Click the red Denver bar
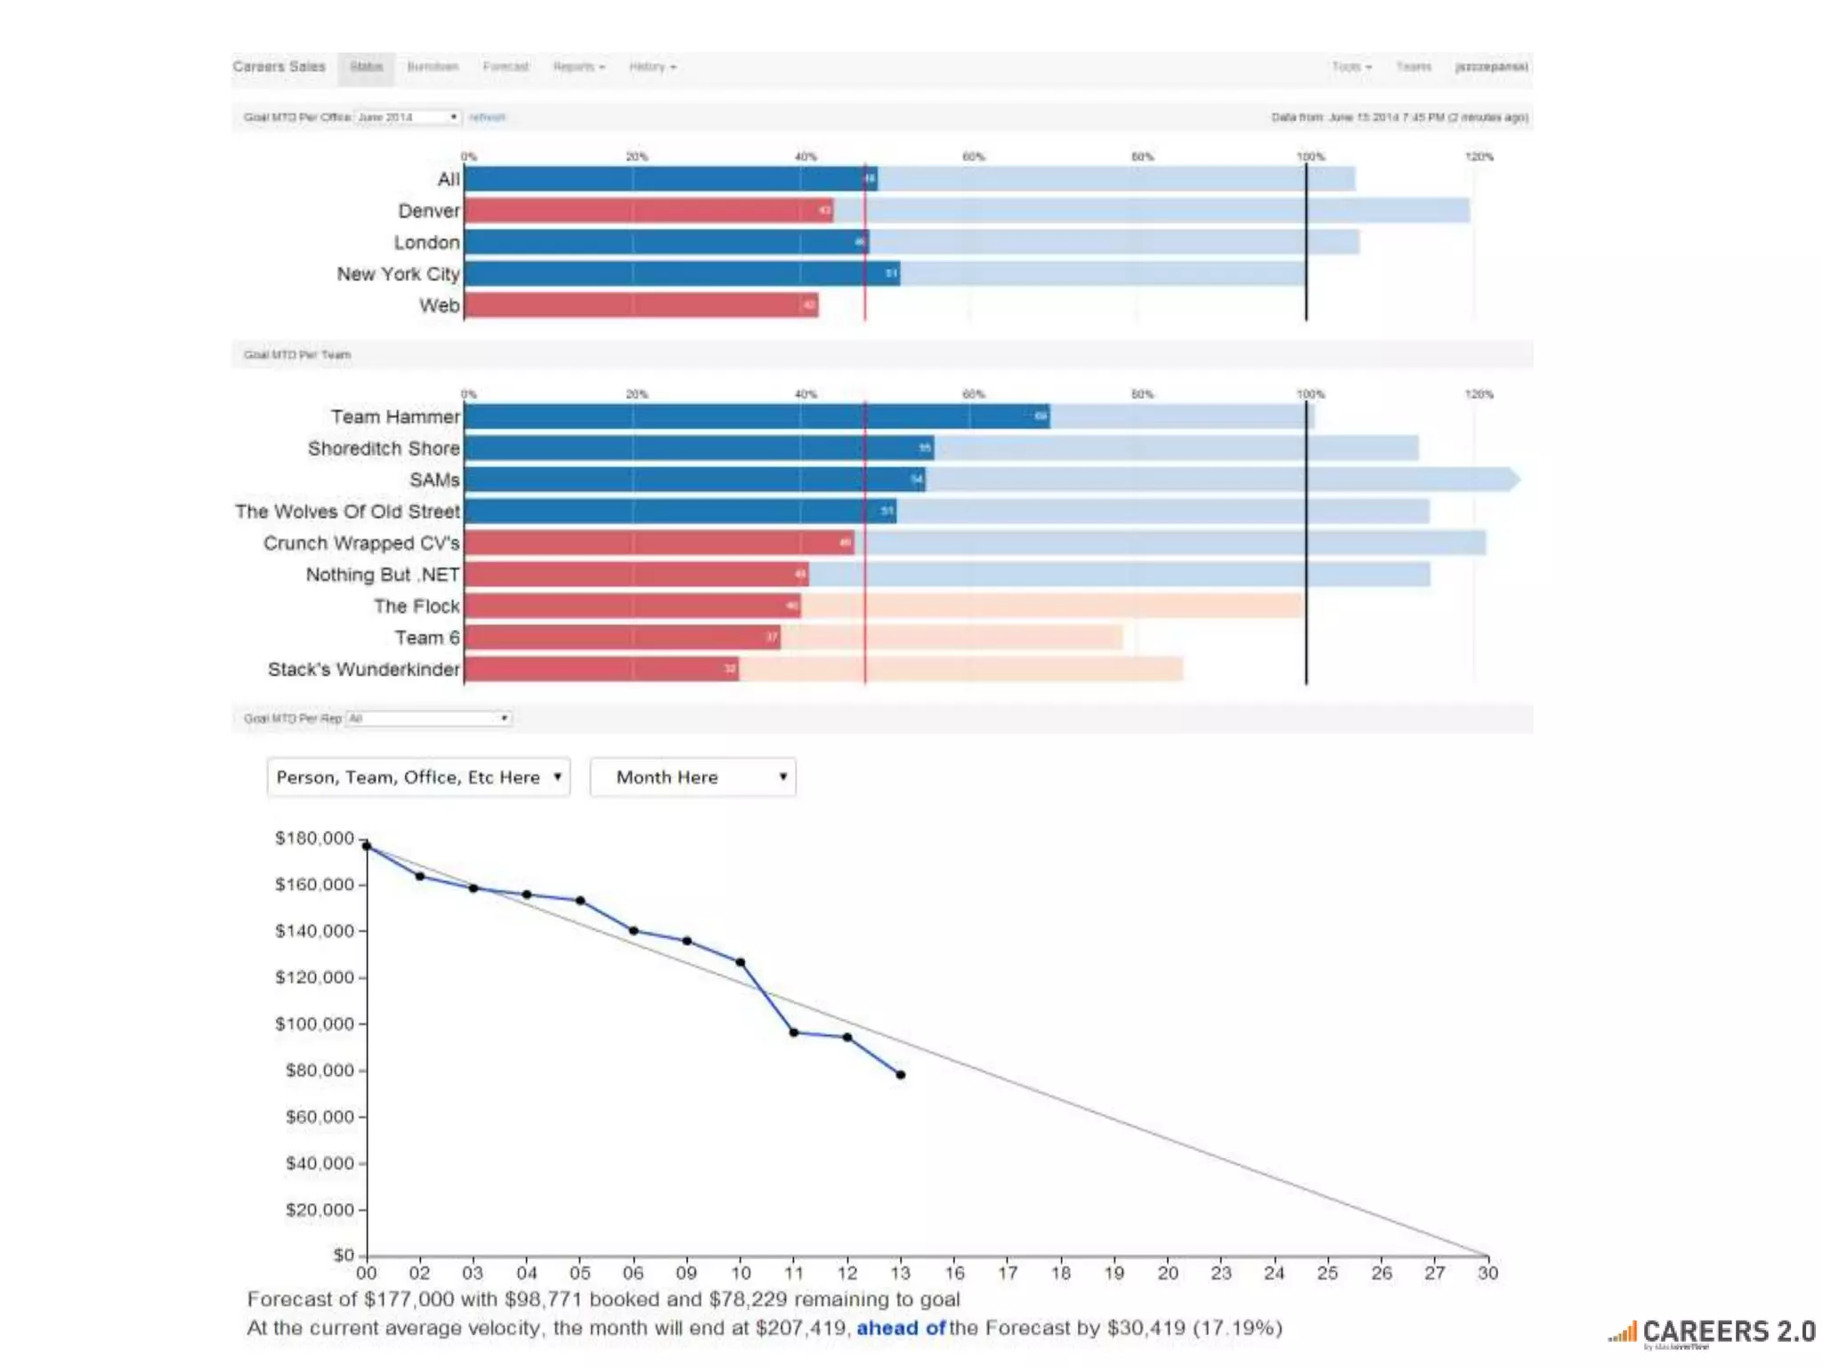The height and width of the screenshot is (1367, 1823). tap(648, 211)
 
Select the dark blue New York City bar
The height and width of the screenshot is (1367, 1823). tap(681, 273)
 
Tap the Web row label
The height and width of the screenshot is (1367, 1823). tap(439, 305)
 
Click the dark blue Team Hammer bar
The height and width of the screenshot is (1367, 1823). tap(757, 417)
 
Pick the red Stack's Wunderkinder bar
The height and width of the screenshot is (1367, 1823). tap(601, 668)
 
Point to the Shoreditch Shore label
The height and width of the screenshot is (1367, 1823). tap(384, 449)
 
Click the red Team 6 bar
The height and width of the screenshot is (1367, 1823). tap(621, 637)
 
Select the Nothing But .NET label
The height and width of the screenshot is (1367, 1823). tap(383, 575)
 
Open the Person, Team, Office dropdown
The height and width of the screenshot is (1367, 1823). tap(418, 777)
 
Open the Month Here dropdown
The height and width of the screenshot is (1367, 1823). tap(693, 777)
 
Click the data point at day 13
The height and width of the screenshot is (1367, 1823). tap(901, 1075)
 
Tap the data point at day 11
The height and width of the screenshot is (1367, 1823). tap(794, 1032)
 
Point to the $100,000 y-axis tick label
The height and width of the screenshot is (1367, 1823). tap(314, 1023)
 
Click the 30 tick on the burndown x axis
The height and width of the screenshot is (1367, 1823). tap(1487, 1274)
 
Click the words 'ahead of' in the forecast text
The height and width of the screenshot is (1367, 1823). tap(901, 1328)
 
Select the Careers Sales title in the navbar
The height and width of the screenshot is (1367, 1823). tap(279, 67)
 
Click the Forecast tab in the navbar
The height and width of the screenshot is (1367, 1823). tap(506, 67)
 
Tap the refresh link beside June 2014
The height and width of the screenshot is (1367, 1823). tap(487, 117)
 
